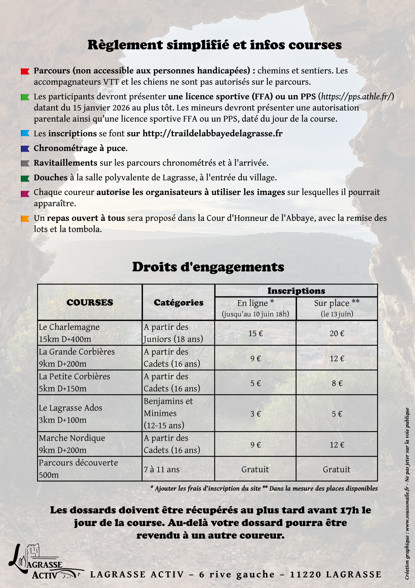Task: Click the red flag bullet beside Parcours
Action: pyautogui.click(x=25, y=71)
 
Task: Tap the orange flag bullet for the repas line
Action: pyautogui.click(x=25, y=219)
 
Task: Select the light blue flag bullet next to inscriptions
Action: pyautogui.click(x=25, y=133)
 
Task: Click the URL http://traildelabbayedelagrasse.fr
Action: pyautogui.click(x=212, y=133)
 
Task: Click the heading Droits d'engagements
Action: pyautogui.click(x=208, y=267)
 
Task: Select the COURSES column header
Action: pyautogui.click(x=90, y=302)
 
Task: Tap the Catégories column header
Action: pyautogui.click(x=178, y=302)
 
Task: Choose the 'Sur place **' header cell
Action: pyautogui.click(x=337, y=303)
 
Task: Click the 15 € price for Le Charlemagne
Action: pyautogui.click(x=255, y=333)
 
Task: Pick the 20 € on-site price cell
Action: pyautogui.click(x=337, y=333)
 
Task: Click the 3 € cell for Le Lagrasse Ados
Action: pyautogui.click(x=255, y=414)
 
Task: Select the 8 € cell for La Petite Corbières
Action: pyautogui.click(x=337, y=383)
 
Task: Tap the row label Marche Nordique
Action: pyautogui.click(x=72, y=438)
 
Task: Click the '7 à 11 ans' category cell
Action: pyautogui.click(x=162, y=469)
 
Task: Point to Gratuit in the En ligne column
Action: pyautogui.click(x=255, y=469)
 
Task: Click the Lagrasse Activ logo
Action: pyautogui.click(x=41, y=562)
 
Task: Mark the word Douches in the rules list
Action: pyautogui.click(x=51, y=178)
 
